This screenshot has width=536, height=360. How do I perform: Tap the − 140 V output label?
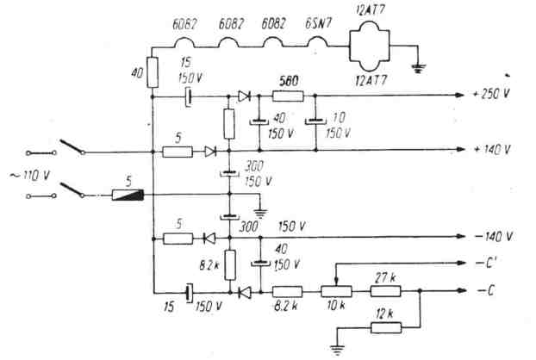point(494,236)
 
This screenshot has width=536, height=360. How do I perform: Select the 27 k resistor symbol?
point(386,290)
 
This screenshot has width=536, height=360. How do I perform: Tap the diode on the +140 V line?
point(211,151)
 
